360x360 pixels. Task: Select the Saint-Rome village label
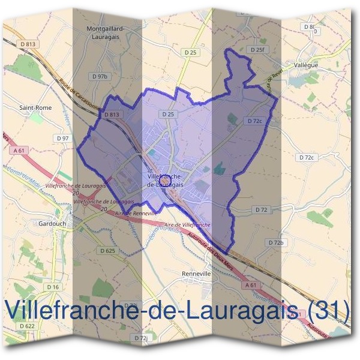[35, 108]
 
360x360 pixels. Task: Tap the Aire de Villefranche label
[187, 224]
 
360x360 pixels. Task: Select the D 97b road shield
[100, 77]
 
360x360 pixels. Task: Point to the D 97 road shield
[62, 139]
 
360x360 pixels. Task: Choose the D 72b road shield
[275, 242]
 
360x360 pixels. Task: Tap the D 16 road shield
[53, 287]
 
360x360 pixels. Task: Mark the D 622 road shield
[27, 326]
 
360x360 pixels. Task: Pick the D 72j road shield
[140, 338]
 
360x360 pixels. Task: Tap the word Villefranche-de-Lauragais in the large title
[150, 310]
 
